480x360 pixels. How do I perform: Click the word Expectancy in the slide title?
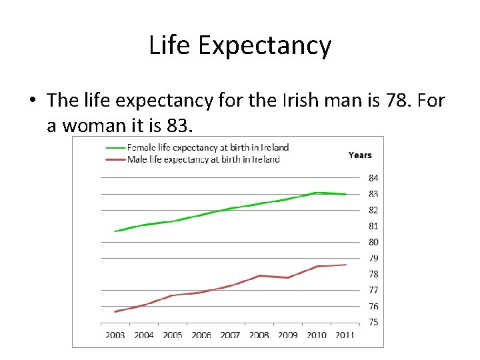(x=265, y=46)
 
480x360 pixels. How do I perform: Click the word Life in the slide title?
(x=169, y=45)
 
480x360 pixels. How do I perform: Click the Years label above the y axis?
(x=360, y=155)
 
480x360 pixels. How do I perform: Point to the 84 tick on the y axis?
(x=373, y=178)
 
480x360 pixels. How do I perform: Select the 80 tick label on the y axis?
(x=373, y=242)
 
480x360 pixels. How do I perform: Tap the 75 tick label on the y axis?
(x=373, y=322)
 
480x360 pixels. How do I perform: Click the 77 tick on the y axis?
(x=373, y=290)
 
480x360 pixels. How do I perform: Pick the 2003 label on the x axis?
(x=115, y=335)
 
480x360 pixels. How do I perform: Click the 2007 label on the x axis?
(x=230, y=335)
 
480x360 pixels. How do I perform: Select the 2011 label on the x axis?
(x=345, y=335)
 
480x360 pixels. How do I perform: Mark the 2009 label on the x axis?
(x=287, y=335)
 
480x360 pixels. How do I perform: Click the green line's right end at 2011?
(x=346, y=194)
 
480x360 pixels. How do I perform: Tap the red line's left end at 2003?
(x=115, y=311)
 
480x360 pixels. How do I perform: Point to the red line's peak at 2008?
(x=260, y=275)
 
